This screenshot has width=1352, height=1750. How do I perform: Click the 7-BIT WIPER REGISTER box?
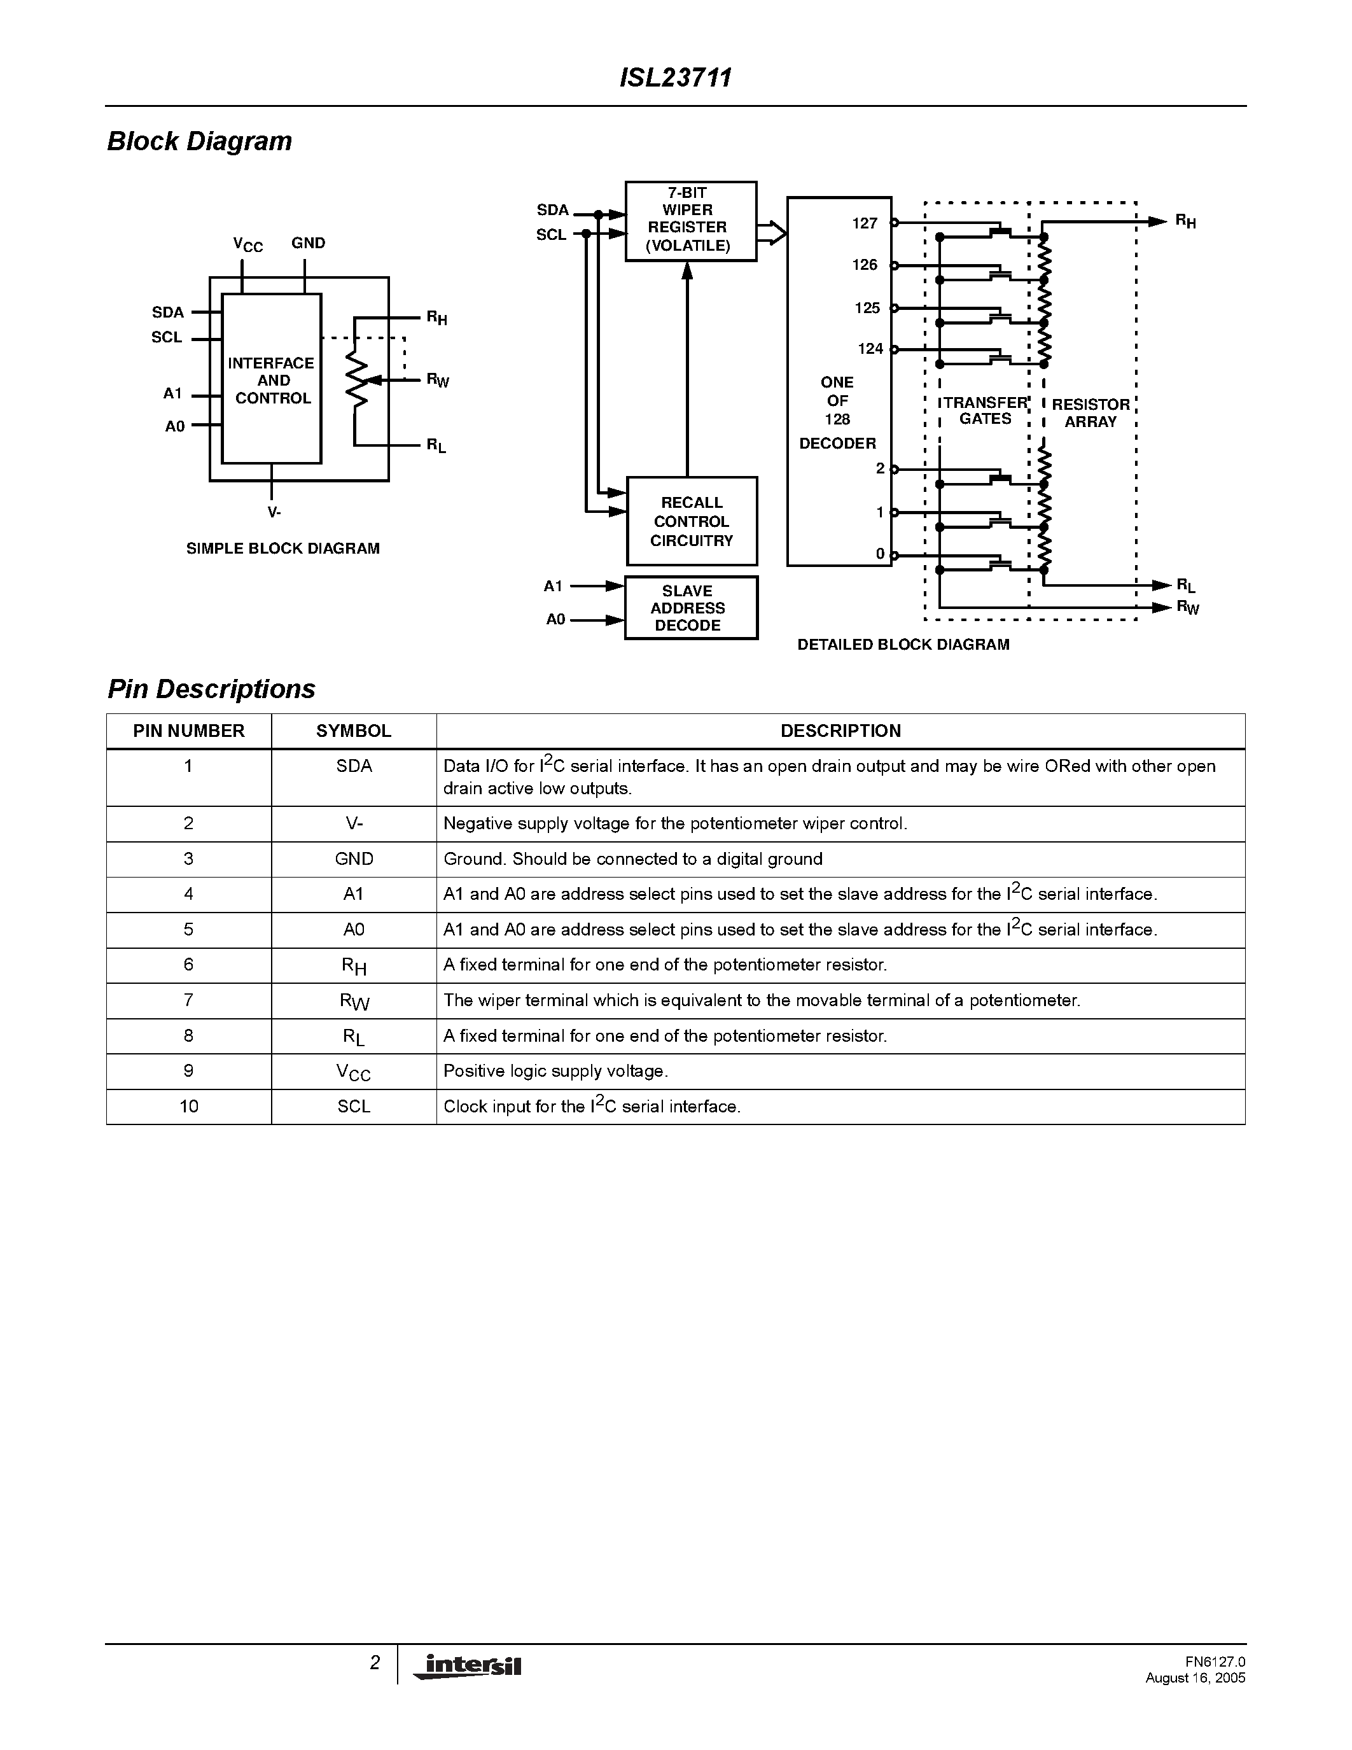click(690, 220)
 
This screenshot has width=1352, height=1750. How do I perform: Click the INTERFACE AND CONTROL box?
click(272, 380)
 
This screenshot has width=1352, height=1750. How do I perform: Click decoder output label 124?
click(870, 349)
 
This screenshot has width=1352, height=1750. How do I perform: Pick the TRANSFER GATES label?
click(984, 411)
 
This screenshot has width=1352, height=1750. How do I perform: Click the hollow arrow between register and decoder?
click(772, 232)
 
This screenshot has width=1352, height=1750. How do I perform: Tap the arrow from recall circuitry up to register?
click(686, 368)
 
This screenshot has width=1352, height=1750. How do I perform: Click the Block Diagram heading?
click(199, 141)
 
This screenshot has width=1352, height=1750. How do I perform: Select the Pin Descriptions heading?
click(211, 689)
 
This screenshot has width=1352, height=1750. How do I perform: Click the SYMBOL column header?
click(353, 731)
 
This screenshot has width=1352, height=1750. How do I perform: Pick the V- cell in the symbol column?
click(353, 823)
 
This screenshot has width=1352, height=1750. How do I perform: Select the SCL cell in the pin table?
click(353, 1107)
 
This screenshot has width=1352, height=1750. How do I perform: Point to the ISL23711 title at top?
click(675, 78)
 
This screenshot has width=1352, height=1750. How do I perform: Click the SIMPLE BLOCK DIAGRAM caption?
click(282, 549)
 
